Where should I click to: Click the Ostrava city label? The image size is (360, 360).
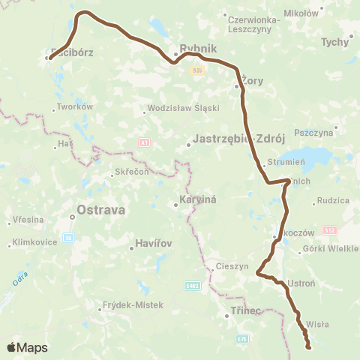[x=101, y=210]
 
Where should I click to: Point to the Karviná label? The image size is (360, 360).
[x=198, y=201]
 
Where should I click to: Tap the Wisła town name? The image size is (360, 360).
[x=318, y=325]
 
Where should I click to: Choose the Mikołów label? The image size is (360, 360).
[x=301, y=13]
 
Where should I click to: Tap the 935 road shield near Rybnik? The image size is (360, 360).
[x=197, y=70]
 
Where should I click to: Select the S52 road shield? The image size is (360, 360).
[x=331, y=230]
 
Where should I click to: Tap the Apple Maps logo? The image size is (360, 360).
[x=27, y=347]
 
